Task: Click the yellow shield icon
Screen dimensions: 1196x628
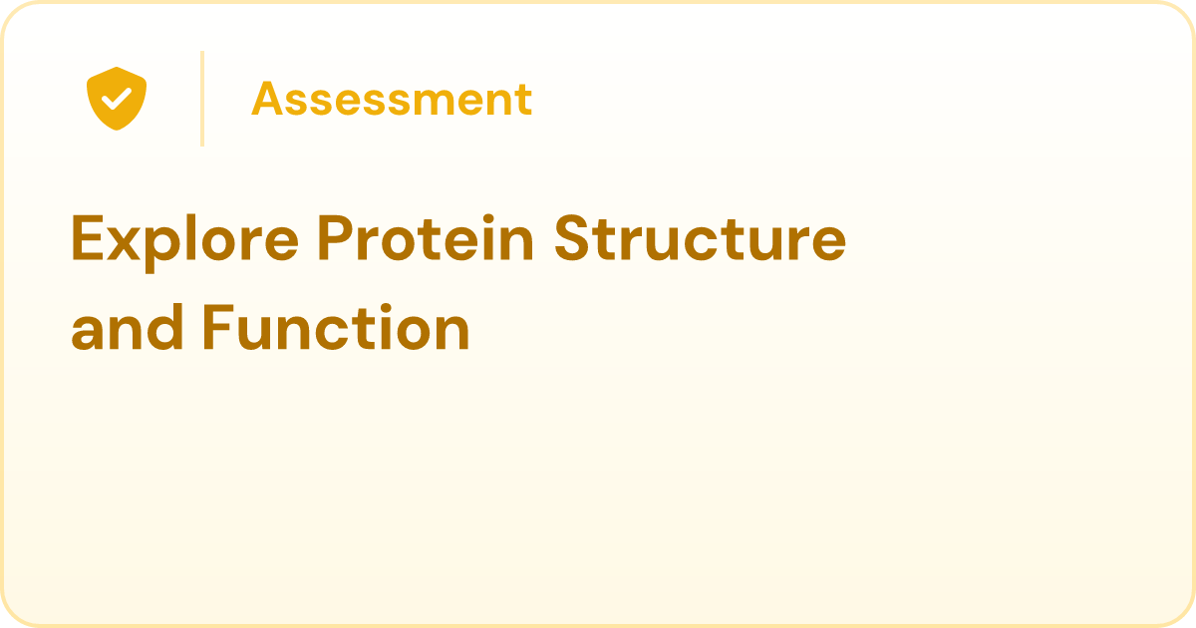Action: coord(117,99)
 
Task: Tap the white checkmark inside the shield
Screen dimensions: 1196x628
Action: coord(117,99)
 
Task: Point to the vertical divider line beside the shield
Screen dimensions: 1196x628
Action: coord(202,99)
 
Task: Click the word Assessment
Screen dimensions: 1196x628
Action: coord(392,99)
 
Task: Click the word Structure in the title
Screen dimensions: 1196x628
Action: coord(700,237)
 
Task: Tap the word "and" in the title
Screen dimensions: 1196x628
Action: coord(128,327)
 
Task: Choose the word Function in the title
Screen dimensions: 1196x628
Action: coord(336,327)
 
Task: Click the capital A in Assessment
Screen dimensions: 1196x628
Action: coord(267,99)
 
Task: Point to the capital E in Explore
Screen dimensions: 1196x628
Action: coord(87,237)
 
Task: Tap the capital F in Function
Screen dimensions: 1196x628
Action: coord(218,327)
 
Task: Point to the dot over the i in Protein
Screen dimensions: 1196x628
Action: coord(488,219)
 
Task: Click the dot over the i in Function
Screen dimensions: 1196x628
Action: coord(388,308)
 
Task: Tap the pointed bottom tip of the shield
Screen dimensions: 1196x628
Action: coord(117,130)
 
